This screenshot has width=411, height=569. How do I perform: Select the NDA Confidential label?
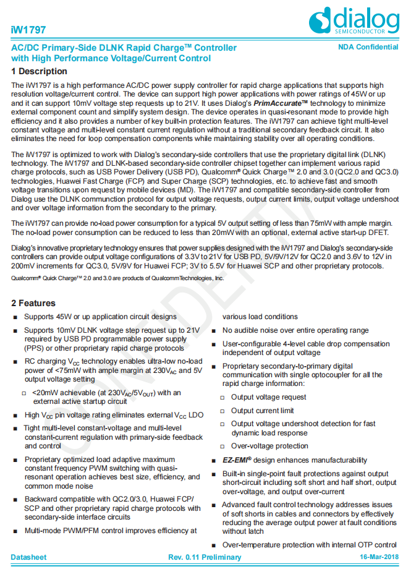coord(368,48)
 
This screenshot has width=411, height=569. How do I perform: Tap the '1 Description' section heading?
coord(39,72)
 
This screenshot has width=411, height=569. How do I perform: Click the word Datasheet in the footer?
coord(28,557)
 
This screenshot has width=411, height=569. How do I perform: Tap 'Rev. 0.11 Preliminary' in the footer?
coord(205,557)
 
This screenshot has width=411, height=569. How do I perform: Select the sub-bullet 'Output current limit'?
coord(262,411)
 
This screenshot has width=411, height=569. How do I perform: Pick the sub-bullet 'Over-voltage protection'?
coord(269,446)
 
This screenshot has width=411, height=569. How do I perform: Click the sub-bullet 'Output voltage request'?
coord(268,397)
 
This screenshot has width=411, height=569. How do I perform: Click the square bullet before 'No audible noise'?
coord(214,331)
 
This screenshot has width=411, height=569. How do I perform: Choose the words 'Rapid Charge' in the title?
coord(155,48)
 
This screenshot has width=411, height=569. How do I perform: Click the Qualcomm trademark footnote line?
coord(117,278)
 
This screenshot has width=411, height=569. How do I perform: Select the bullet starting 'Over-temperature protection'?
coord(309,545)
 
